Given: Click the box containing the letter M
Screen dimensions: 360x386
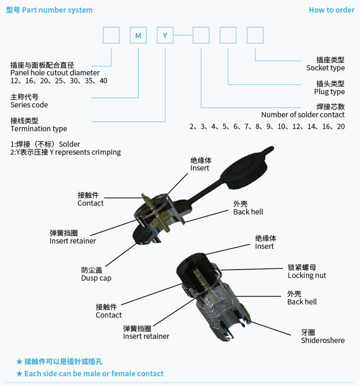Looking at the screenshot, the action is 138,35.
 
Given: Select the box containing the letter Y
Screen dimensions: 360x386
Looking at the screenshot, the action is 165,35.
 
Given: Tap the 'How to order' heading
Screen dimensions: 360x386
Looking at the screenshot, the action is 332,10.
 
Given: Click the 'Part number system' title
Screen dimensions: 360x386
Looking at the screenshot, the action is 57,10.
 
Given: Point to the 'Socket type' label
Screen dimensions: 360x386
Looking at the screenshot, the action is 326,68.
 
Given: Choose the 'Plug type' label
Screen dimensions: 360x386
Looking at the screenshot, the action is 330,92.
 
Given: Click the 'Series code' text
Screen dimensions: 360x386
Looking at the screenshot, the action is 29,105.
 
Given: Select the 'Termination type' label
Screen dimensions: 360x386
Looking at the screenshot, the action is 39,129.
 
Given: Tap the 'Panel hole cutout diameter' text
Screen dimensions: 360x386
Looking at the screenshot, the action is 55,73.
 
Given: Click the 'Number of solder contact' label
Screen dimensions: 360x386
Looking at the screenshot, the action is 303,115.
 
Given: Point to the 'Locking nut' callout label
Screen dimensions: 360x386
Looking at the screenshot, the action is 307,275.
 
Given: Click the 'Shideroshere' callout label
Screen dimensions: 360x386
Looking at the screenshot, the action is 323,340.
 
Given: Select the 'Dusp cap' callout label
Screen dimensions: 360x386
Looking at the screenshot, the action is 96,278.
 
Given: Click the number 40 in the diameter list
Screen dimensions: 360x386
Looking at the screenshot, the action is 103,81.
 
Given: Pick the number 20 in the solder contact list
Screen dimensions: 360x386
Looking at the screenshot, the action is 341,127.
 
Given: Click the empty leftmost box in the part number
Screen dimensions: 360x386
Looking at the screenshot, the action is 111,35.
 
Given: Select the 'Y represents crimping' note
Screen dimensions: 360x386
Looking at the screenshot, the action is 85,152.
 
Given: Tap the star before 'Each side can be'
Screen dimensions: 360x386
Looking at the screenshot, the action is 19,374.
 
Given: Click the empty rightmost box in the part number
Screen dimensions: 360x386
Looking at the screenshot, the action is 255,35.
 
